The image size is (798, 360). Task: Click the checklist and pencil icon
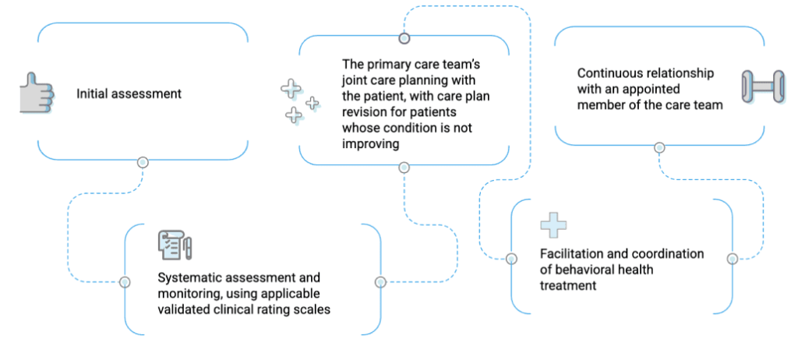click(x=175, y=245)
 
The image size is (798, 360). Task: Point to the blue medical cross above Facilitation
click(x=553, y=225)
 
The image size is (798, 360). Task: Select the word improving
click(x=370, y=143)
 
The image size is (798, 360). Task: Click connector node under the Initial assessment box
click(x=143, y=162)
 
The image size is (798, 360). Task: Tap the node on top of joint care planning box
click(x=404, y=37)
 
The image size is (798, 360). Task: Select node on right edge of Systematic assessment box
click(x=380, y=282)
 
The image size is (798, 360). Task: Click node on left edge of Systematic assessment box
click(x=124, y=282)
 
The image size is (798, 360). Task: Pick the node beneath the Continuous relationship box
click(x=659, y=147)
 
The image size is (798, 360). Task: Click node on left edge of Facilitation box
click(x=512, y=258)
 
